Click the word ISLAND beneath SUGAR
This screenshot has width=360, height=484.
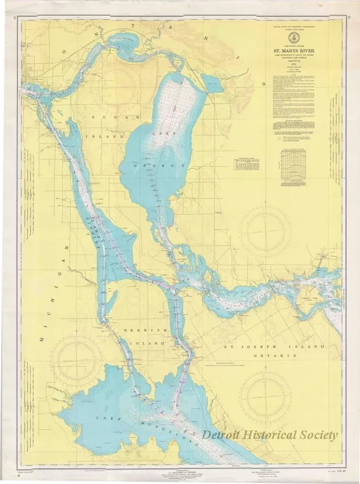pos(105,137)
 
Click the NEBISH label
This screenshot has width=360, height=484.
pos(136,330)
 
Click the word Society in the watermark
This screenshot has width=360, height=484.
pos(313,435)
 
